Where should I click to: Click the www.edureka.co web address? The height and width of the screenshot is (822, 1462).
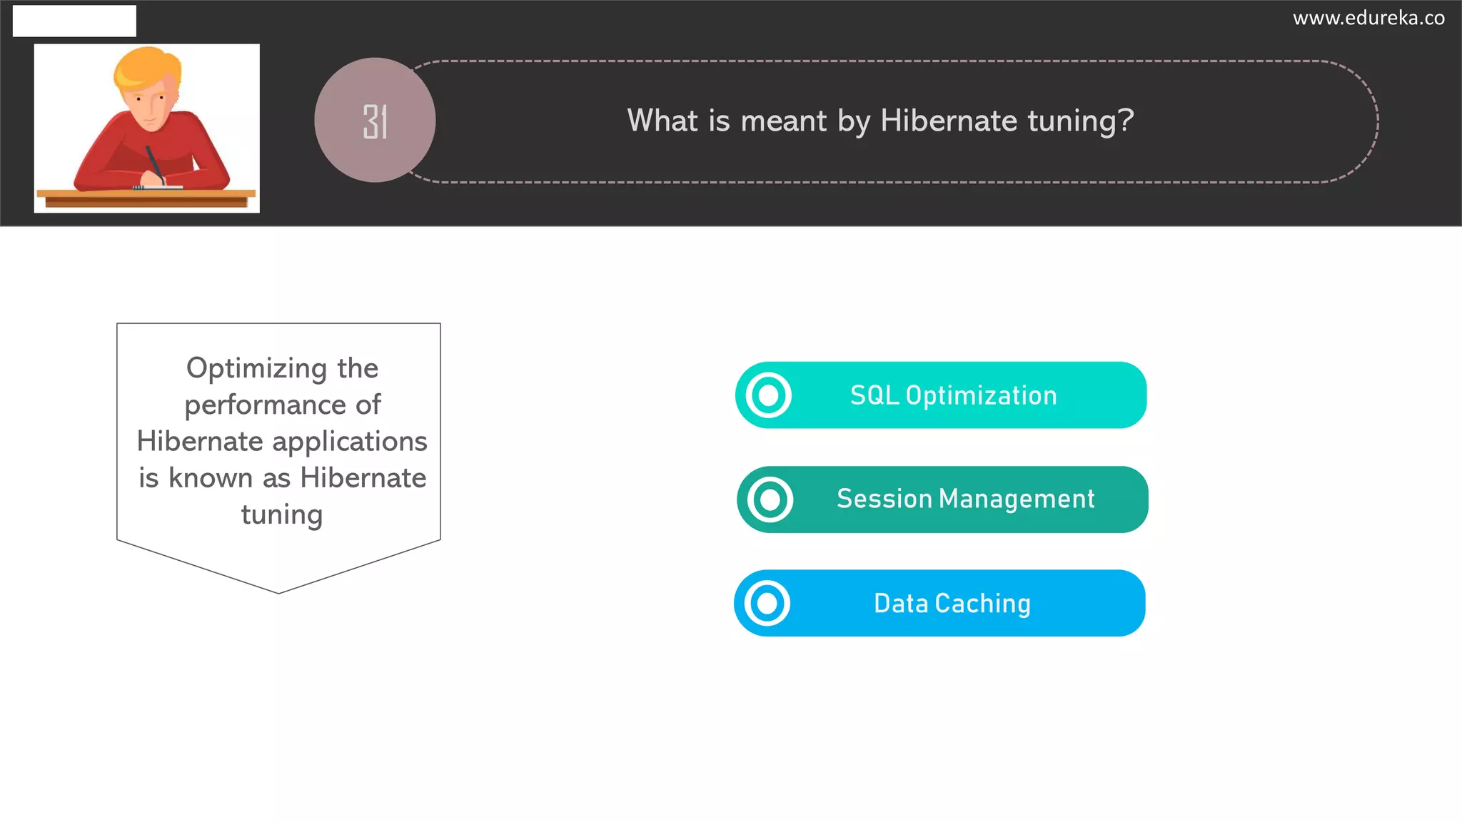coord(1368,18)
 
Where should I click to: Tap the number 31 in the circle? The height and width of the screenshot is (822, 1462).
coord(375,121)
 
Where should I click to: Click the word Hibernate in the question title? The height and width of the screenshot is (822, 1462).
coord(949,120)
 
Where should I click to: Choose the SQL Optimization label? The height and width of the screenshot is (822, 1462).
coord(953,395)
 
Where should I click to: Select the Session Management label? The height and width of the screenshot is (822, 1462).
coord(965,499)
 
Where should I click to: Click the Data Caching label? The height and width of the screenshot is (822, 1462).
coord(952,604)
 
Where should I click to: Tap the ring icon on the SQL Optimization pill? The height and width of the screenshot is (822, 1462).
coord(768,395)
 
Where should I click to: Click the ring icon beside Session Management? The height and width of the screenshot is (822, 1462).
coord(770,499)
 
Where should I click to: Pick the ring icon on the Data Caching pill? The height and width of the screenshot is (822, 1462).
coord(767,604)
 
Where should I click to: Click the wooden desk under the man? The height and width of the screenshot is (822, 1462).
coord(146,198)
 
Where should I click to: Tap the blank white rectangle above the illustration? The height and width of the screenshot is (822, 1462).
coord(74,21)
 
